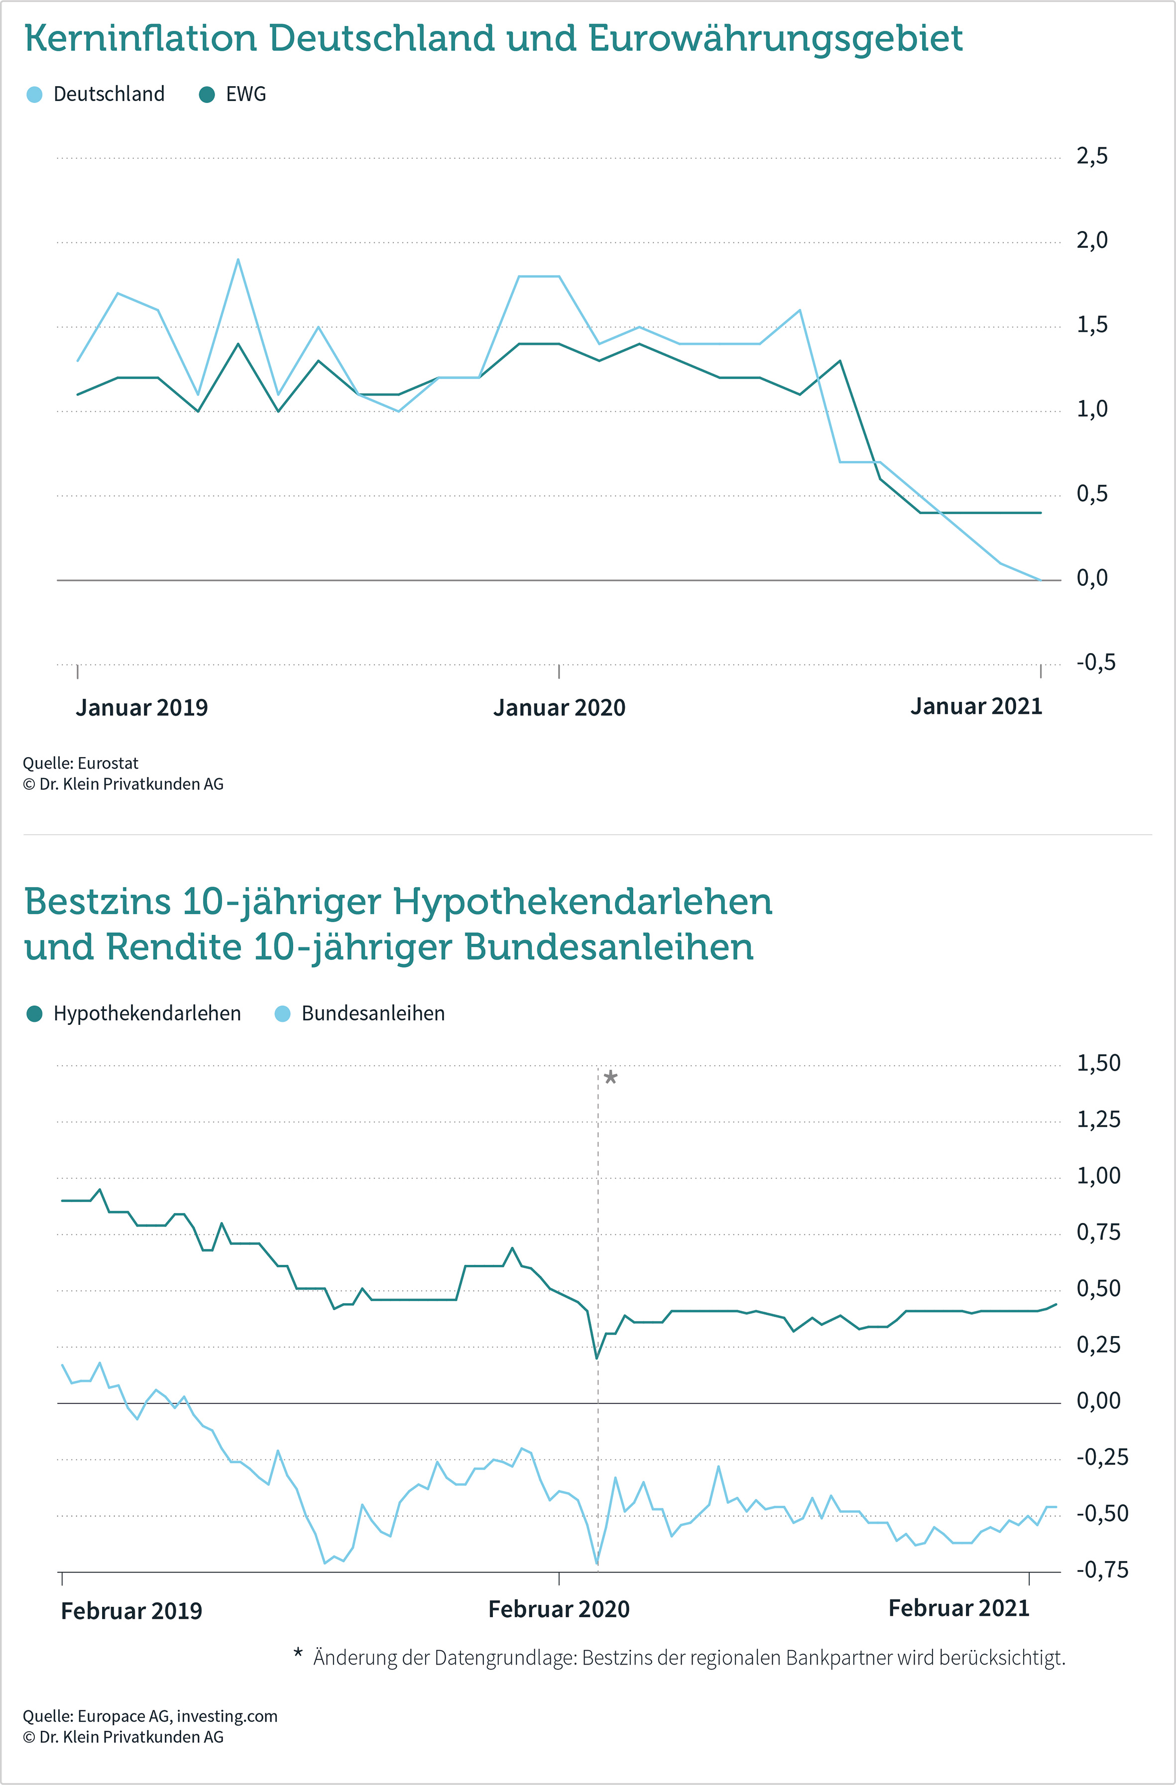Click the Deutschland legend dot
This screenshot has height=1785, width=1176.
click(34, 95)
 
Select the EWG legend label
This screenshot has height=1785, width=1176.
click(246, 95)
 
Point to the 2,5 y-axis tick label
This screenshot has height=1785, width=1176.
click(1092, 156)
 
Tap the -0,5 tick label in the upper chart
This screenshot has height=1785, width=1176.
click(1096, 662)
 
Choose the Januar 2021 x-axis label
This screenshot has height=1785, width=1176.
click(976, 706)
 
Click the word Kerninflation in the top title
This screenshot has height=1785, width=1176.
click(140, 38)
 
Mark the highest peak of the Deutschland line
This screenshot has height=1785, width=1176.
click(238, 259)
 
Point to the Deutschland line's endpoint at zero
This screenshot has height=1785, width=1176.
click(1040, 580)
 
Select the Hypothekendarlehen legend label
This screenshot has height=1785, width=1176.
click(147, 1014)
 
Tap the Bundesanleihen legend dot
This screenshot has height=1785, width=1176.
click(283, 1014)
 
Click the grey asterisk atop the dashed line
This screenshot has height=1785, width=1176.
click(610, 1078)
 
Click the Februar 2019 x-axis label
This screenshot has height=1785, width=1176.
click(131, 1611)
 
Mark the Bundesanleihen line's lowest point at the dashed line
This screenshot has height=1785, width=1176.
click(597, 1564)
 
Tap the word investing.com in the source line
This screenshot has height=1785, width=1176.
click(227, 1716)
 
